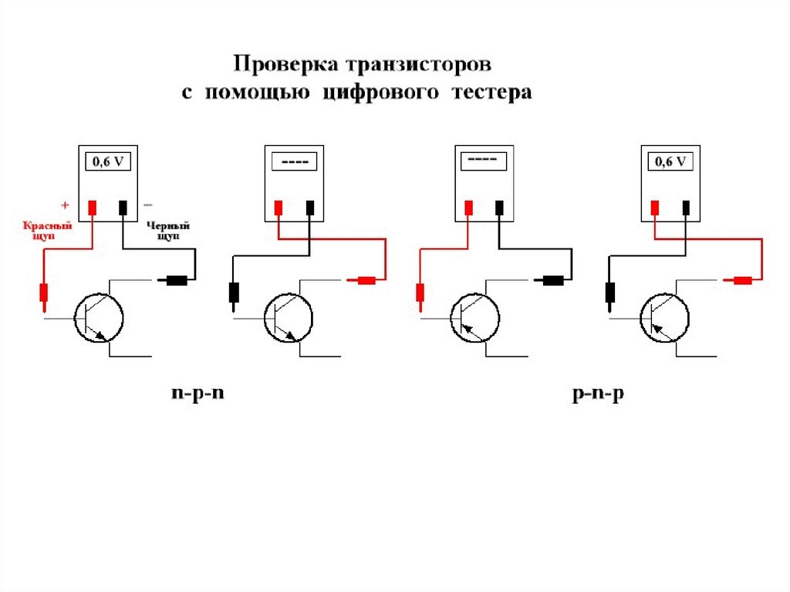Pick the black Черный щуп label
(x=167, y=232)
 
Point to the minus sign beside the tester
(x=148, y=205)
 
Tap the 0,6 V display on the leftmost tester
(x=109, y=162)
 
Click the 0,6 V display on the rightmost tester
(x=671, y=162)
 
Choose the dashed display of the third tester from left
(x=483, y=161)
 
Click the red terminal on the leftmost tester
(x=92, y=207)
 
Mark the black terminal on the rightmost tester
(x=686, y=207)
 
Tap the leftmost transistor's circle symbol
(x=100, y=316)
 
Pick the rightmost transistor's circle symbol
(x=664, y=316)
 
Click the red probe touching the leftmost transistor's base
(x=44, y=294)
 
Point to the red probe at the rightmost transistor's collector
(x=742, y=280)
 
